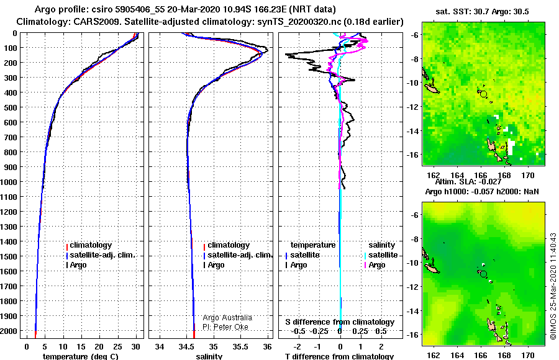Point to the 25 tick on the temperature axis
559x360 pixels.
point(117,347)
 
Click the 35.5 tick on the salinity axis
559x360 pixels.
point(240,347)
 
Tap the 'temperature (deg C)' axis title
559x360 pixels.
point(80,356)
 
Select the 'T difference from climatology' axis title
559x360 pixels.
point(339,356)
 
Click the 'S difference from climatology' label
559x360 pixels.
point(340,322)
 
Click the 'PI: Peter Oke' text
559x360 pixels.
point(225,327)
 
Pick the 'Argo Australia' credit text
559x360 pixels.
point(227,318)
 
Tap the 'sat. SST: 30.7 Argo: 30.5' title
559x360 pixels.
point(482,12)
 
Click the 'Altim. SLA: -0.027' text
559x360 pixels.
point(468,182)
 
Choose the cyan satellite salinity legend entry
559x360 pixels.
point(381,255)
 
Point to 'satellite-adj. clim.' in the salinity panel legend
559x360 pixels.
point(238,255)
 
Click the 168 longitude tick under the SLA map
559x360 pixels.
point(504,355)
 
